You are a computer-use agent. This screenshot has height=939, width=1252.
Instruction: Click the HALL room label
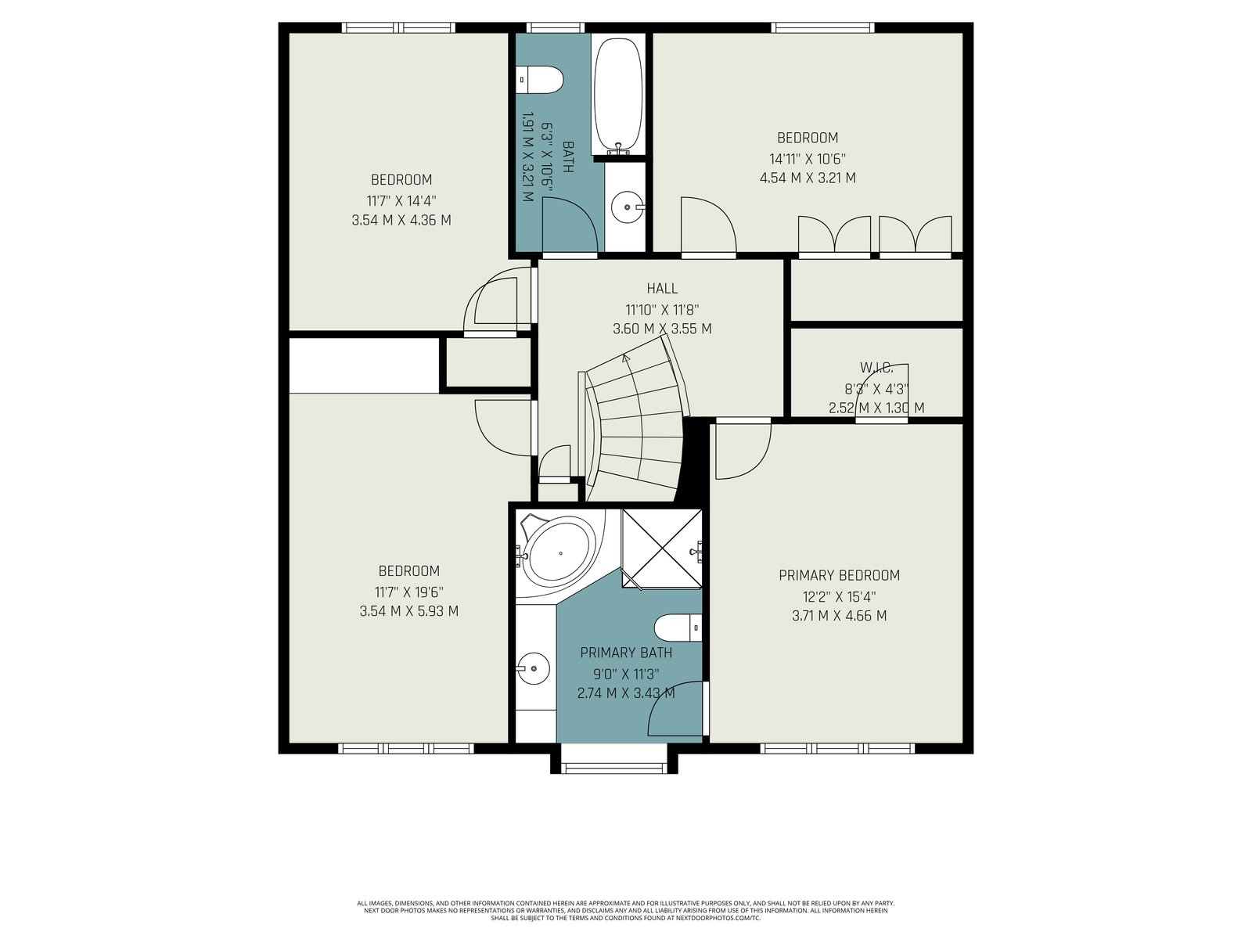(x=662, y=289)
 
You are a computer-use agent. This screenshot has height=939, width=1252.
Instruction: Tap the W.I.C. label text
(x=876, y=369)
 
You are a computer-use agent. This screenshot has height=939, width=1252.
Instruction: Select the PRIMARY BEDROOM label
(x=839, y=575)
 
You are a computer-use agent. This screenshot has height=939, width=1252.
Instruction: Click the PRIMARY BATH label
(x=626, y=653)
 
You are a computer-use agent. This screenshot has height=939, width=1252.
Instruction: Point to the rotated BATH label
(x=568, y=156)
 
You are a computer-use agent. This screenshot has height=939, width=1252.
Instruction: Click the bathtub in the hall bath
(x=618, y=94)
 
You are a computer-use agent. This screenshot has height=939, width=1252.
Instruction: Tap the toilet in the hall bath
(x=540, y=80)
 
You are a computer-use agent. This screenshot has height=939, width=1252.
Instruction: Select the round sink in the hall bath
(x=628, y=207)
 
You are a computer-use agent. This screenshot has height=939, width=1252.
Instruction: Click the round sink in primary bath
(x=534, y=669)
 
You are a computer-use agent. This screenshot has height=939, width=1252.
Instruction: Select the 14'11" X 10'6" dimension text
(x=807, y=159)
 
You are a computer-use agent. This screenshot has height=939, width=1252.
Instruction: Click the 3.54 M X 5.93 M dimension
(x=408, y=611)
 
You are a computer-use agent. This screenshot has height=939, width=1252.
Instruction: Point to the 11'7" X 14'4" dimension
(x=401, y=200)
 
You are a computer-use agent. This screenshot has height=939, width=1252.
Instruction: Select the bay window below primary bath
(x=613, y=761)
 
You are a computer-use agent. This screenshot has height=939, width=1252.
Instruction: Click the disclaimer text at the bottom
(x=626, y=911)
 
